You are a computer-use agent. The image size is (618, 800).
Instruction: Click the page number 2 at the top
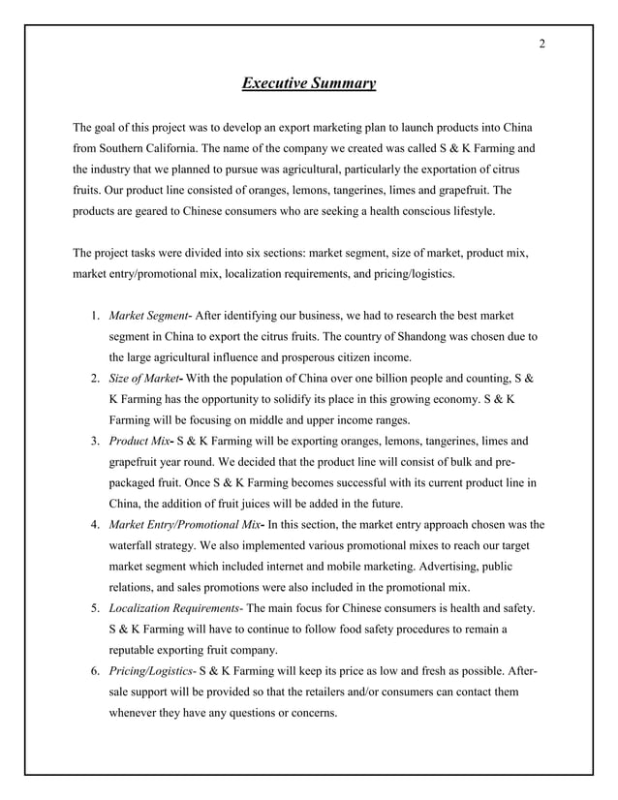(541, 43)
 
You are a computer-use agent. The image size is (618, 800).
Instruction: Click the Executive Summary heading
(308, 84)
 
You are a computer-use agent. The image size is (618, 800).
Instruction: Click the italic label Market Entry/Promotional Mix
(184, 524)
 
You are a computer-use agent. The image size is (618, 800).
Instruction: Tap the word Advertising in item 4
(423, 566)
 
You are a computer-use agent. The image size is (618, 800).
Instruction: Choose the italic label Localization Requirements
(175, 607)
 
